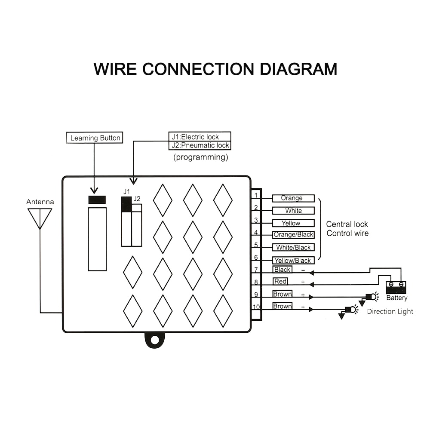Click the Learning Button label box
tap(95, 138)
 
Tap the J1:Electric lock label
tap(200, 137)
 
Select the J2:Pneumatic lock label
tap(200, 145)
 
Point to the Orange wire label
tap(293, 198)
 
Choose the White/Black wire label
tap(293, 247)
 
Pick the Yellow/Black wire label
tap(293, 260)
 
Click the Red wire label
tap(280, 281)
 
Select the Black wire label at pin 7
tap(282, 270)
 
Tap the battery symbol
tap(396, 287)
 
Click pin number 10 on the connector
tap(256, 307)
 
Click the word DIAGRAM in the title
tap(298, 69)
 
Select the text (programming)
tap(200, 157)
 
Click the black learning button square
tap(97, 200)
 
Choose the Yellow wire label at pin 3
tap(293, 223)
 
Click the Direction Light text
tap(390, 311)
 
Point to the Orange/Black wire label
tap(293, 235)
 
